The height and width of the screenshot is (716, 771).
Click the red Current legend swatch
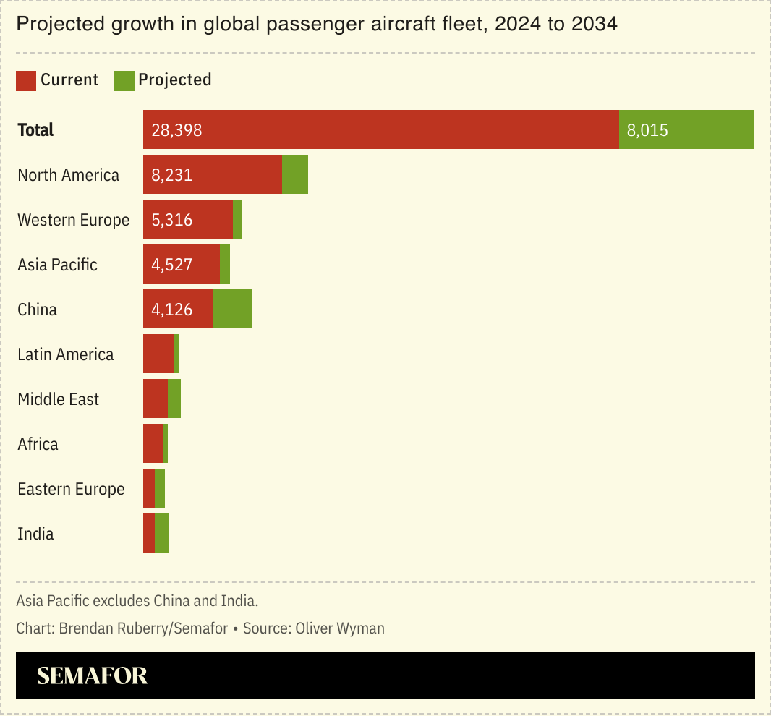point(26,80)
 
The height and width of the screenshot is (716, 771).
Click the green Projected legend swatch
point(124,80)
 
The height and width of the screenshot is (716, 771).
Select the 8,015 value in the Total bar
point(647,130)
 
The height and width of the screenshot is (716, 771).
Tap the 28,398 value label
point(176,130)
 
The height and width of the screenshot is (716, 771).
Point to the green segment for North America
point(295,174)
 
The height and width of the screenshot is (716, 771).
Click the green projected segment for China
point(232,309)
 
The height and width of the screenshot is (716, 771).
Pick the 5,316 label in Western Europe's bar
point(172,220)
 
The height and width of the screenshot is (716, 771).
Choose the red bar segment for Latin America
point(158,354)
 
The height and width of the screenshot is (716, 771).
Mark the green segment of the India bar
point(162,533)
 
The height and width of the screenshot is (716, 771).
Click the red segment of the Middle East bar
point(156,399)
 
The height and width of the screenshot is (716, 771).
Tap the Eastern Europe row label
point(71,489)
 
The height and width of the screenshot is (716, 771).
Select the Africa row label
point(38,444)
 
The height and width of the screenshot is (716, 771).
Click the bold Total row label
point(36,130)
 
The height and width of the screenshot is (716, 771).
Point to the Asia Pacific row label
point(57,265)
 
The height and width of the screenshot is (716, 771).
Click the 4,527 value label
point(172,265)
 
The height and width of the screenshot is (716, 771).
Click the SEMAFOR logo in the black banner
point(92,675)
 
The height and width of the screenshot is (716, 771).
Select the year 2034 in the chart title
point(592,25)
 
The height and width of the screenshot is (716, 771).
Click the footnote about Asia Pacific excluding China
point(137,600)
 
